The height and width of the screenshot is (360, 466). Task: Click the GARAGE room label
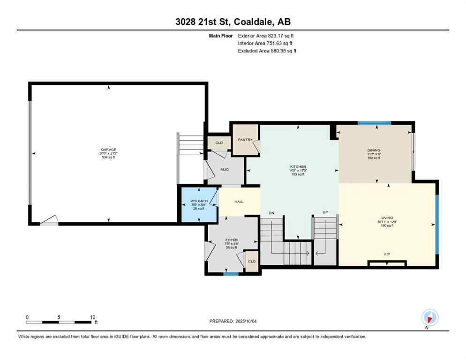click(108, 150)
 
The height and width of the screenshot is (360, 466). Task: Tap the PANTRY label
click(245, 140)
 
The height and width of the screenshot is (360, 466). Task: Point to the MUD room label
click(225, 169)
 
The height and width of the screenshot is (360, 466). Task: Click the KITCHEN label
click(298, 167)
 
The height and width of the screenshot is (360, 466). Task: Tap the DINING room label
click(374, 151)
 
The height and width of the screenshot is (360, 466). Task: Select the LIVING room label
click(387, 218)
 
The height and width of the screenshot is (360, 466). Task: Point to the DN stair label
click(271, 213)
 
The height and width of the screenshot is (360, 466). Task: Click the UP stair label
click(324, 213)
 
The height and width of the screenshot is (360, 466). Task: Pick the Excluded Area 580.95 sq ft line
click(267, 51)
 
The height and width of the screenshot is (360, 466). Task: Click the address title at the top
click(233, 22)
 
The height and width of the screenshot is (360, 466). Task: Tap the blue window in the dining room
click(374, 123)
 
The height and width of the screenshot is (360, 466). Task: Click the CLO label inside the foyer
click(252, 262)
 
